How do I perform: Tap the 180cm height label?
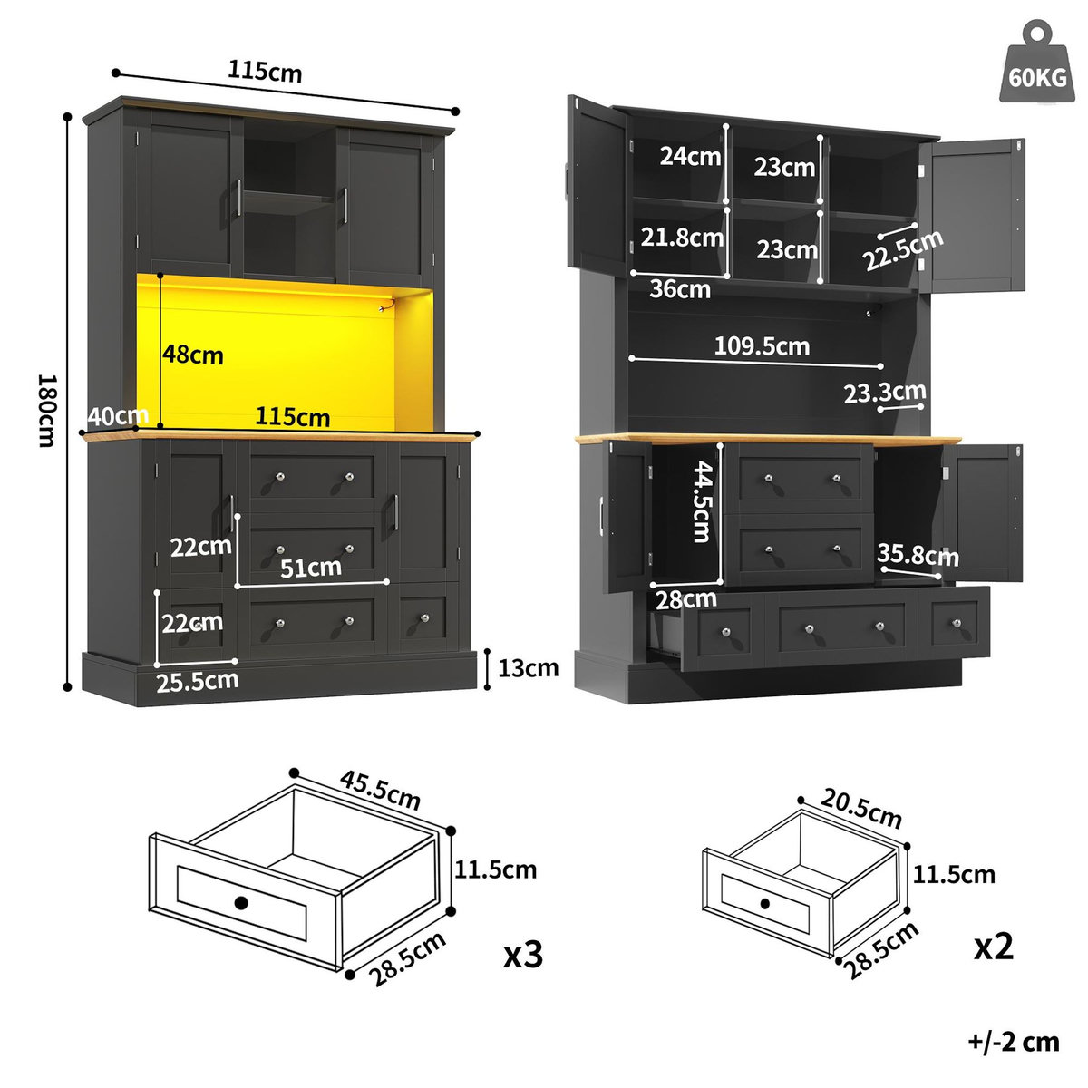coord(45,409)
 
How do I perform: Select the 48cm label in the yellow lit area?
coord(193,355)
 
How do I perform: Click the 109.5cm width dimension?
coord(762,345)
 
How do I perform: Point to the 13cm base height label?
coord(529,668)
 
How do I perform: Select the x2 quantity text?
coord(994,947)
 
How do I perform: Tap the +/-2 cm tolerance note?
coord(1013,1042)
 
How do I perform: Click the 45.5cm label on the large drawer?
coord(381,790)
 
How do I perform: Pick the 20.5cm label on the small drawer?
coord(861,807)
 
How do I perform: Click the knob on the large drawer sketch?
coord(240,902)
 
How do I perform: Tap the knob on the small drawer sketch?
coord(764,904)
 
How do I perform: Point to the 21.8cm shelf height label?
coord(682,238)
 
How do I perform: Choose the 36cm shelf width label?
coord(680,289)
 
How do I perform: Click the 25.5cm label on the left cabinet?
coord(197,680)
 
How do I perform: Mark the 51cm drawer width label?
coord(311,568)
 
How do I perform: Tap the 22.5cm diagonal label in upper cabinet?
coord(903,250)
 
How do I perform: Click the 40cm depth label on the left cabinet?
coord(119,416)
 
